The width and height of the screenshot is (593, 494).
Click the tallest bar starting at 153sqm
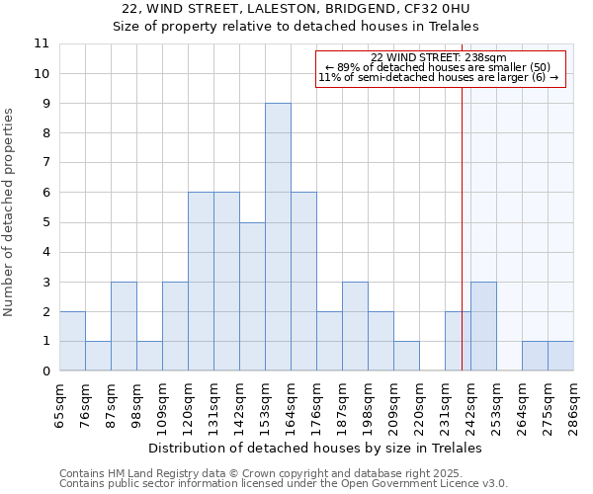[x=278, y=237]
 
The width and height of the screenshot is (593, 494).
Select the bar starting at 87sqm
[x=124, y=326]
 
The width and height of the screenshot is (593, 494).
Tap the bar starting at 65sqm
[x=72, y=341]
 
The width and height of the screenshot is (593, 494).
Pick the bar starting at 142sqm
[x=252, y=296]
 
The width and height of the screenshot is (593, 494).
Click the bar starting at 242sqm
[x=483, y=326]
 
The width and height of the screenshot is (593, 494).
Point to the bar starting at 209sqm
[x=406, y=356]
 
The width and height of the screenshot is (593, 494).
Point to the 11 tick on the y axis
[x=42, y=44]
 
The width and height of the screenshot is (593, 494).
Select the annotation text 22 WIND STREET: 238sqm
[x=439, y=57]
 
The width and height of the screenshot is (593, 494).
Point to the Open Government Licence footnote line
[x=284, y=484]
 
